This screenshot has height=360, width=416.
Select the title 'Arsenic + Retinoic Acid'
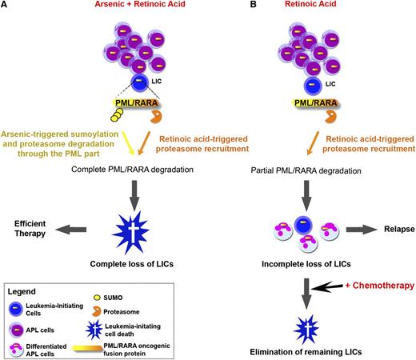click(113, 8)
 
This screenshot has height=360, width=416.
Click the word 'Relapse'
click(395, 228)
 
